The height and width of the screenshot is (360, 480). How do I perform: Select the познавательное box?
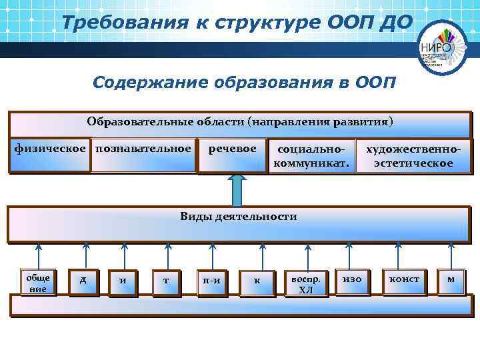[x=143, y=154]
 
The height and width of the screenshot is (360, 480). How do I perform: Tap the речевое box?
[x=232, y=154]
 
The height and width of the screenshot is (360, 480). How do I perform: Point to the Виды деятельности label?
[x=238, y=216]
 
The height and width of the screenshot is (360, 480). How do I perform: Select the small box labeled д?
[x=83, y=281]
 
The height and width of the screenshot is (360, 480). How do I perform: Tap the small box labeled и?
[x=123, y=282]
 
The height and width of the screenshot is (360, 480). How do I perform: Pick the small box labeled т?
[x=165, y=282]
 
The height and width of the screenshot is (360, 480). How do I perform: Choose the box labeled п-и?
[x=212, y=282]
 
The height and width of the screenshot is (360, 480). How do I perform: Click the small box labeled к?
[x=257, y=282]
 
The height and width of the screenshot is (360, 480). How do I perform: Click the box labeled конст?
[x=404, y=281]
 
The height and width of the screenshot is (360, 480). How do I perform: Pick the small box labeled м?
[x=451, y=281]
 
